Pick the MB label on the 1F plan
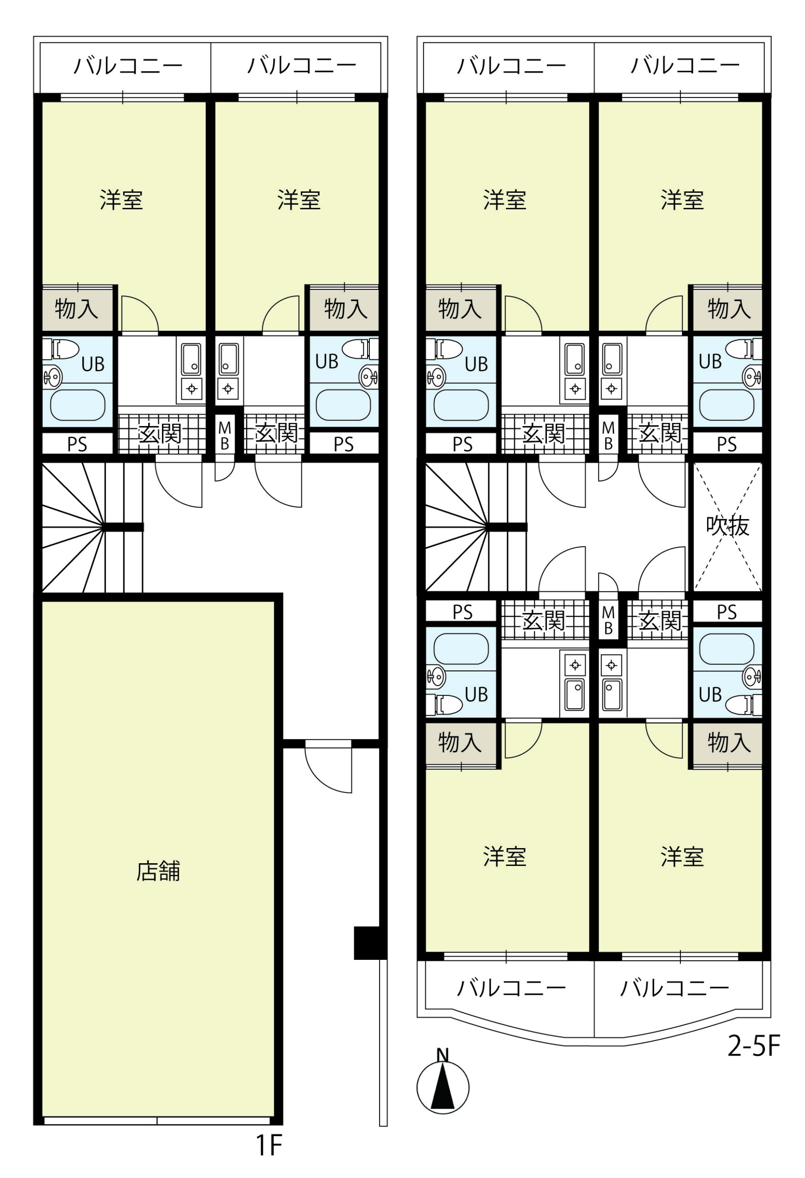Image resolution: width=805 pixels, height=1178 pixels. point(224,435)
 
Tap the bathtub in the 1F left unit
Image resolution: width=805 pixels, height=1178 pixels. point(78,404)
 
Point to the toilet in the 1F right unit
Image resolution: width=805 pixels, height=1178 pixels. point(360,349)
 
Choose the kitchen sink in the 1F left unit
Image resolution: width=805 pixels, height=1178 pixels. point(191,359)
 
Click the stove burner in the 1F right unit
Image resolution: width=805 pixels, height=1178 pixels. point(228,389)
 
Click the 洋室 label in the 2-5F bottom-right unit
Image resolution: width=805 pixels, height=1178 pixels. point(682,856)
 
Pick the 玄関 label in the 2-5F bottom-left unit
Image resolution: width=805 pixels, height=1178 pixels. point(543,620)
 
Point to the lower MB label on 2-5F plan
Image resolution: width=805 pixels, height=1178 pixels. point(609,620)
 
